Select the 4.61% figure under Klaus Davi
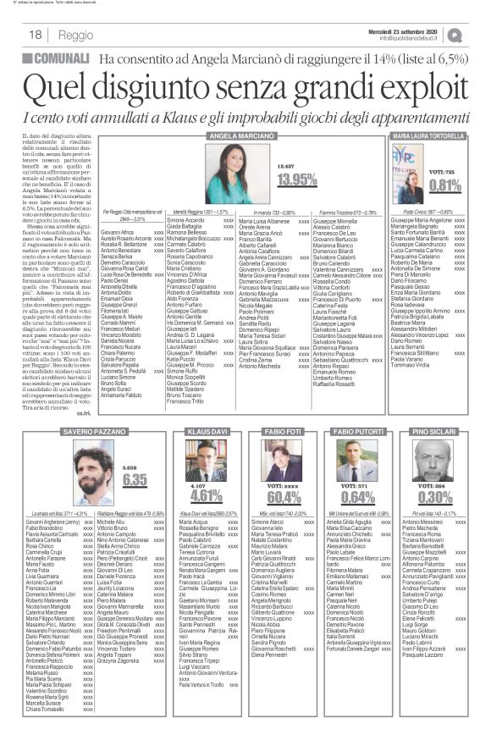click(207, 495)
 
